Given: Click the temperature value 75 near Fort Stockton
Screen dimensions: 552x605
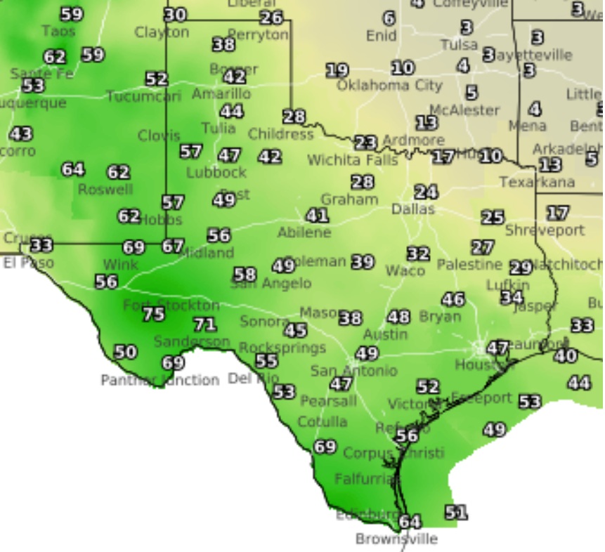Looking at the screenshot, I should (153, 314).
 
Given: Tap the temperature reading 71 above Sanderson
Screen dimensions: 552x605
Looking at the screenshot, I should (204, 324).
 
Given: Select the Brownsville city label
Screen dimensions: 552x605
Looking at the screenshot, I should (396, 539).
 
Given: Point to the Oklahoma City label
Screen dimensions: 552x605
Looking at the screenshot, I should (389, 85).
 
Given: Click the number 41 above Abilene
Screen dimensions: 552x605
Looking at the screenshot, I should (317, 216).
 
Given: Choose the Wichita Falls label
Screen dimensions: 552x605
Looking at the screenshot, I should (353, 160).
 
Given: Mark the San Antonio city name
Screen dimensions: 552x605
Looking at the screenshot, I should (354, 370).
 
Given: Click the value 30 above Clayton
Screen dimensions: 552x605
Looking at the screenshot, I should (176, 15).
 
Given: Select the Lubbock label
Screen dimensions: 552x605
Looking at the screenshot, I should (216, 172).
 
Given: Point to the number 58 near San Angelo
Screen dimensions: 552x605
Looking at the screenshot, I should (245, 275).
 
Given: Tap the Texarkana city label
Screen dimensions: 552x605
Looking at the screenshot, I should (537, 182).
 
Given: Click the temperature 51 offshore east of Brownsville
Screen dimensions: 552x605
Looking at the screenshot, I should (455, 513).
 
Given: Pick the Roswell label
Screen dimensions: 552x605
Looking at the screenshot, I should (105, 190).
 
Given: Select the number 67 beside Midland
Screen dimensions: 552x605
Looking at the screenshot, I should (172, 247).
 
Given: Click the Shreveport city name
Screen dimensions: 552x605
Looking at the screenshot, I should (545, 230).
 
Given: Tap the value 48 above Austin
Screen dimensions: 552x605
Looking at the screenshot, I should (398, 317).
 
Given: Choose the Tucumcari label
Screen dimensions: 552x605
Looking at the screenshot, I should (143, 96).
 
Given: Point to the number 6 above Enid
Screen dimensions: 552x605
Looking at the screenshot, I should (389, 18).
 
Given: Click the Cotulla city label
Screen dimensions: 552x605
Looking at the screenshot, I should (323, 421).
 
